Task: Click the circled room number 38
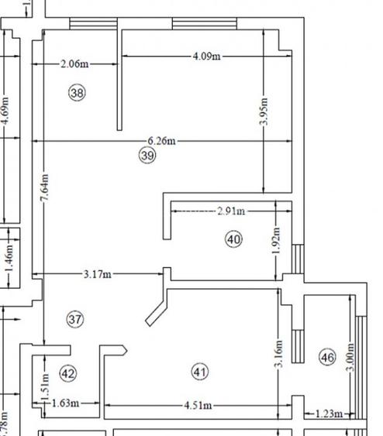point(77,93)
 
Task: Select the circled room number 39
point(148,156)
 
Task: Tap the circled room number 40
point(233,239)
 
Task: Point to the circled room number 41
point(200,372)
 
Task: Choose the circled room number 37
point(75,318)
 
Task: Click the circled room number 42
point(68,373)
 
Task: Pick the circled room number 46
point(327,357)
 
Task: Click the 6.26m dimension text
point(162,141)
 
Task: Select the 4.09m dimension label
point(206,56)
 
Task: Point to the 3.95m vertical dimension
point(264,113)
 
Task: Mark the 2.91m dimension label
point(230,210)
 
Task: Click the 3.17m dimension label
point(98,274)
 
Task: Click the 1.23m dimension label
point(329,414)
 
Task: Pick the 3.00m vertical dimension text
point(350,359)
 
